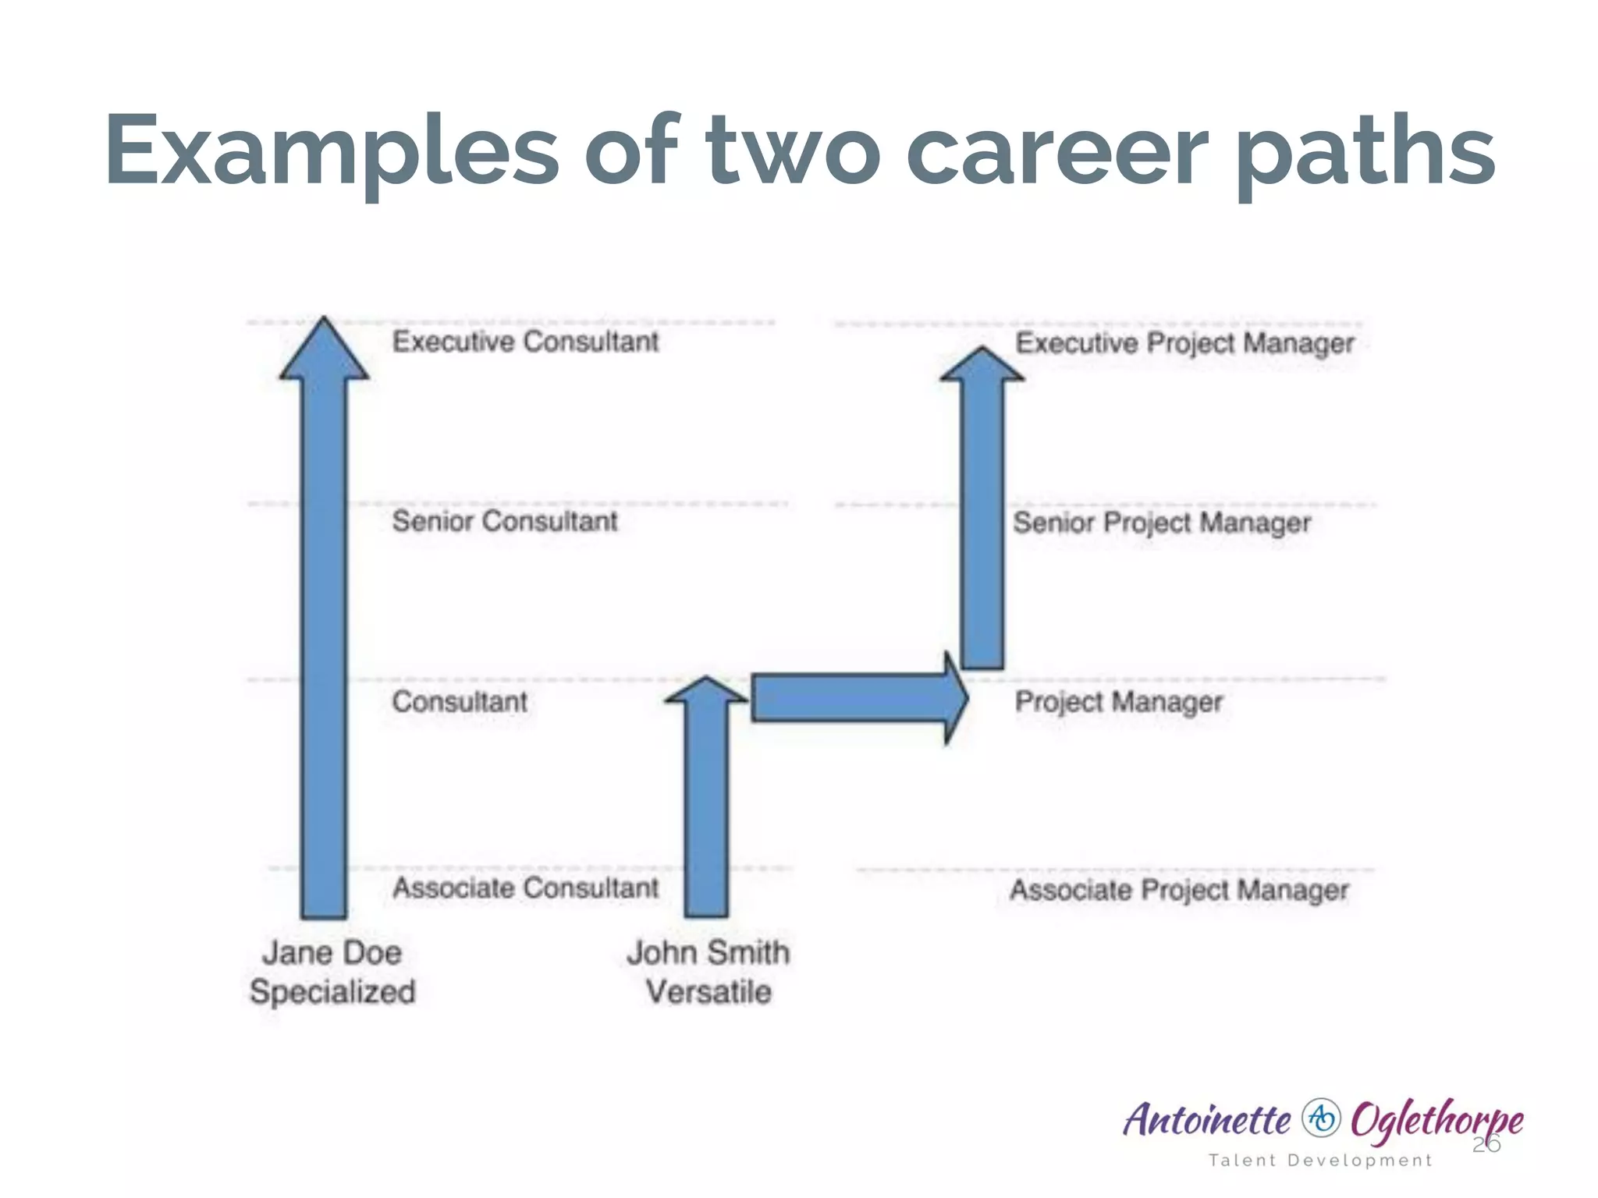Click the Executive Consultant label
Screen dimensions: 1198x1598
pyautogui.click(x=525, y=342)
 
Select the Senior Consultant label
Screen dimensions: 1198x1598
pyautogui.click(x=504, y=521)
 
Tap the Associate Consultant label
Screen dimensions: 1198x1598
pyautogui.click(x=525, y=888)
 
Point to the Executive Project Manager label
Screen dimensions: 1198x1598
pyautogui.click(x=1184, y=343)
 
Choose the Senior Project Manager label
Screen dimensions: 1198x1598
pyautogui.click(x=1161, y=523)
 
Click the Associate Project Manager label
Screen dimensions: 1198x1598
pyautogui.click(x=1178, y=890)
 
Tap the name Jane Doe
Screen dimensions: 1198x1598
pyautogui.click(x=332, y=952)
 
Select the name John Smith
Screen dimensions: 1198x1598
pyautogui.click(x=708, y=952)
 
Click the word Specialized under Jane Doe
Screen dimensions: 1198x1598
pyautogui.click(x=332, y=992)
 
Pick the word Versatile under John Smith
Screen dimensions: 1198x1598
pyautogui.click(x=708, y=992)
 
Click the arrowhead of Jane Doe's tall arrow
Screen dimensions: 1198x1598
pyautogui.click(x=324, y=351)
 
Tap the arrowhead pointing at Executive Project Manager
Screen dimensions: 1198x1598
pyautogui.click(x=982, y=365)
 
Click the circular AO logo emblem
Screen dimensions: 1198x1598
pyautogui.click(x=1320, y=1118)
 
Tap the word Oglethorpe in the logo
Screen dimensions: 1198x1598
pyautogui.click(x=1436, y=1120)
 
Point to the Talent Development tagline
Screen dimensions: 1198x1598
pyautogui.click(x=1320, y=1160)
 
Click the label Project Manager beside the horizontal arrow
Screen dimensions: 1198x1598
pyautogui.click(x=1117, y=702)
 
